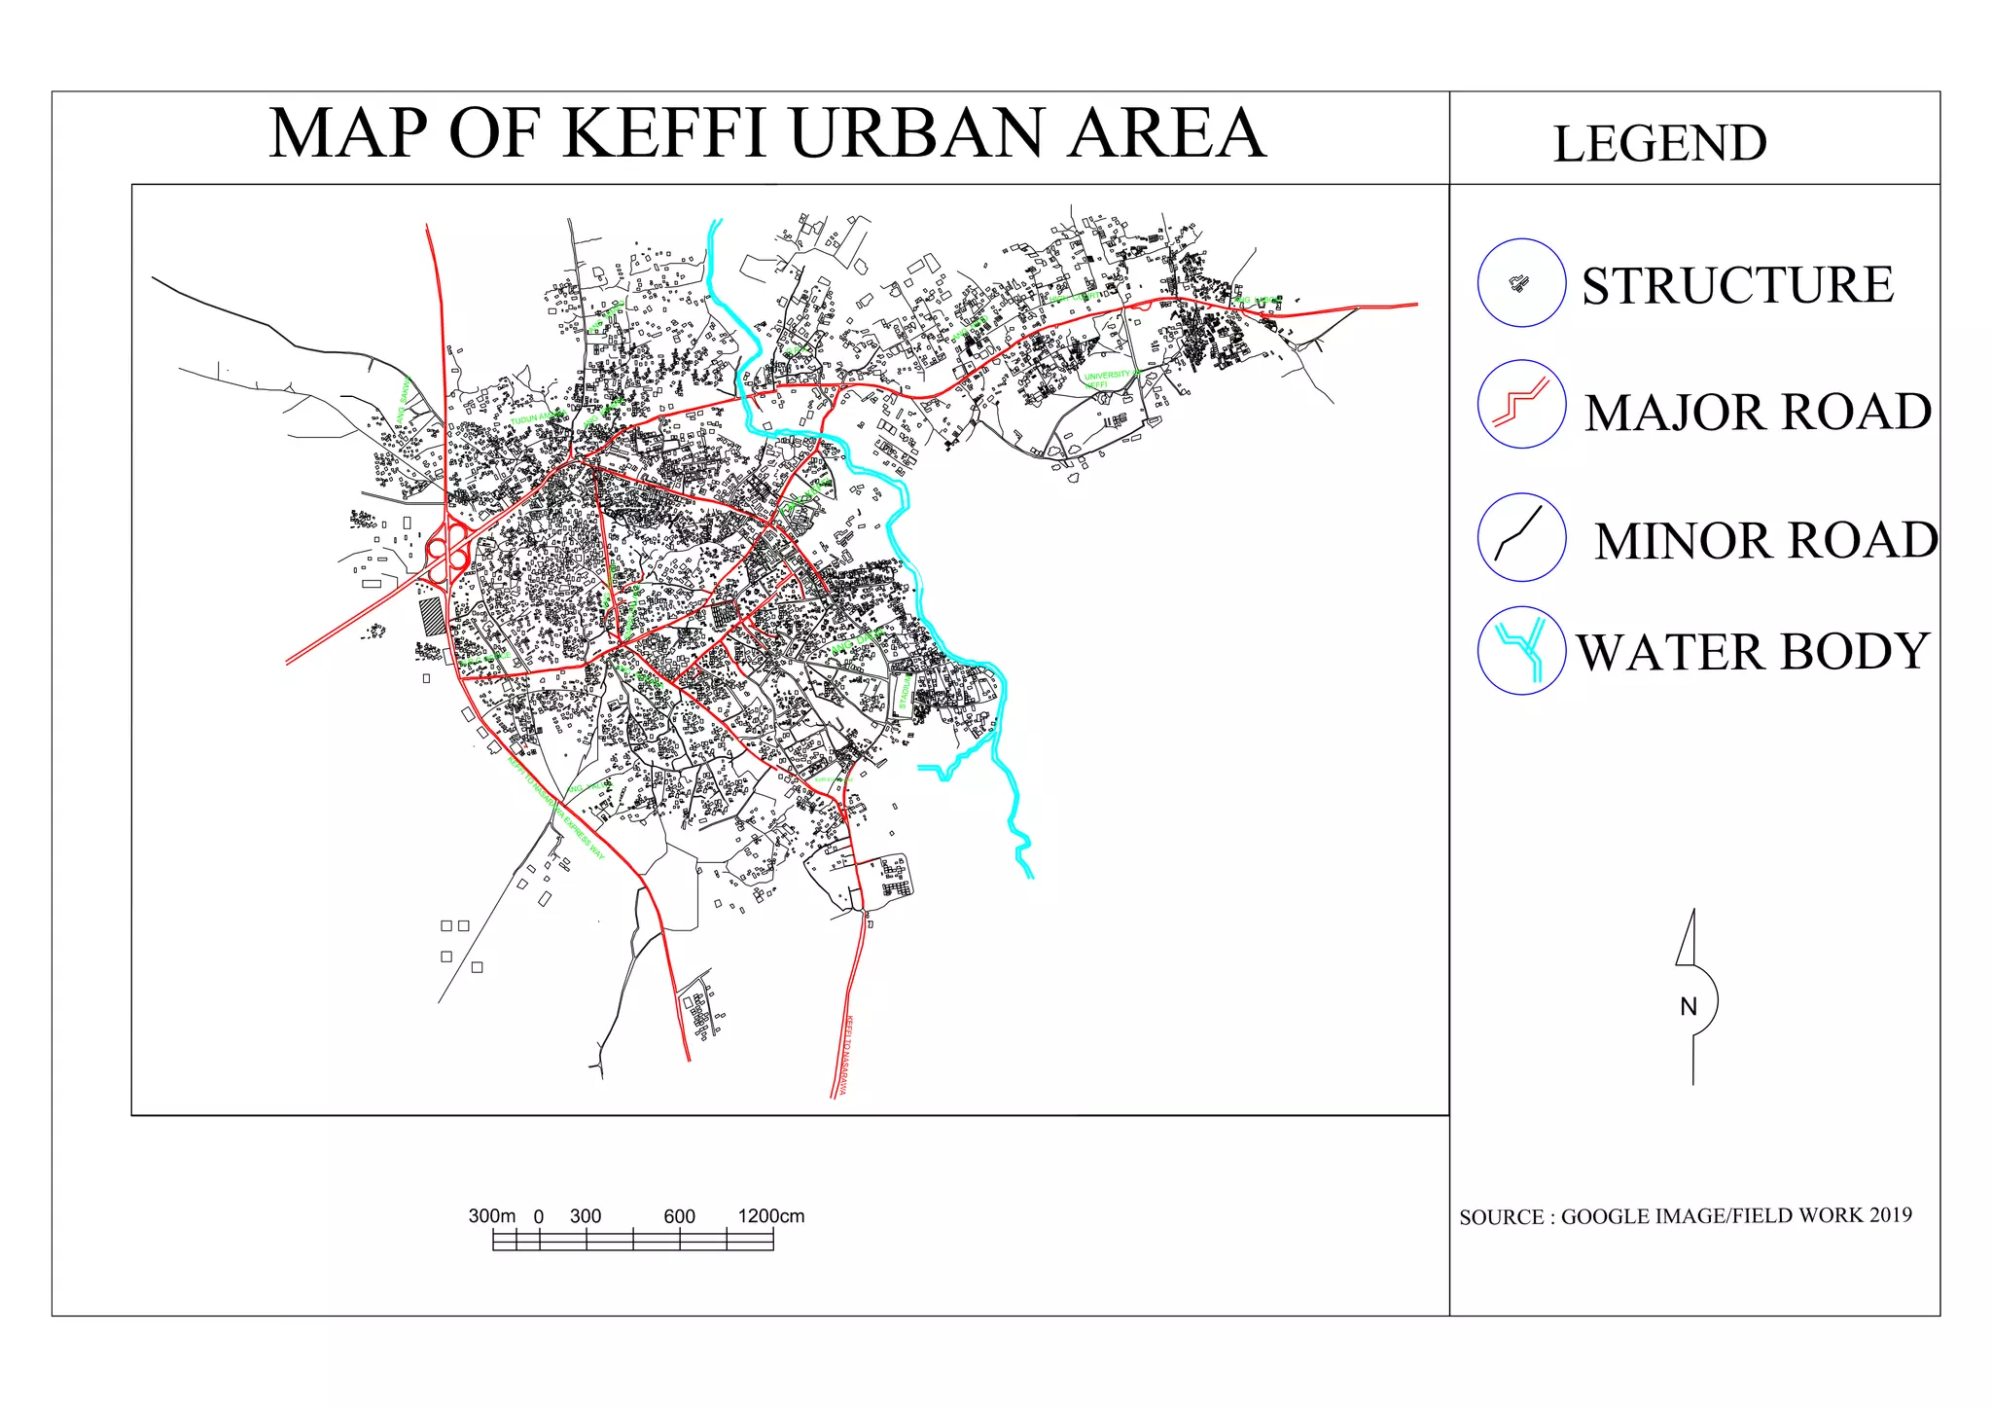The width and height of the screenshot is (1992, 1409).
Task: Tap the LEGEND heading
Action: (1659, 144)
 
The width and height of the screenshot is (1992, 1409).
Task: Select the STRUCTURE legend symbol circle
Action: (1521, 283)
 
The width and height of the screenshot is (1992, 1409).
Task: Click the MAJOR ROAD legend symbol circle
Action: (1521, 404)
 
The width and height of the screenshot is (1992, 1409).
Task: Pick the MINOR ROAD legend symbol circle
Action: (1521, 537)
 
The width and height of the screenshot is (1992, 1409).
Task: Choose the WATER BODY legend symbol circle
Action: (1521, 650)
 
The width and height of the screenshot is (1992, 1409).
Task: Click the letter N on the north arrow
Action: (1689, 1006)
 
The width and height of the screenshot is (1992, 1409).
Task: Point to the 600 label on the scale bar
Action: (679, 1216)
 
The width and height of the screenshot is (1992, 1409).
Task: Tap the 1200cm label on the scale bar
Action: (770, 1216)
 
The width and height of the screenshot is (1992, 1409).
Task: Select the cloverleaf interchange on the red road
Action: (447, 553)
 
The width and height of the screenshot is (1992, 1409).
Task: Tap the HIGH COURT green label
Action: (1075, 296)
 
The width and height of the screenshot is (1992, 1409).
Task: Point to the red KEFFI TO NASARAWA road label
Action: (845, 1056)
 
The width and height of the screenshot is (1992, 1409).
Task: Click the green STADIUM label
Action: (903, 693)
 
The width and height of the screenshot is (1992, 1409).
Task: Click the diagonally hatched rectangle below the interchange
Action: (431, 617)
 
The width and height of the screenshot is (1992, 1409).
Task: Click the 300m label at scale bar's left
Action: (492, 1216)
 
